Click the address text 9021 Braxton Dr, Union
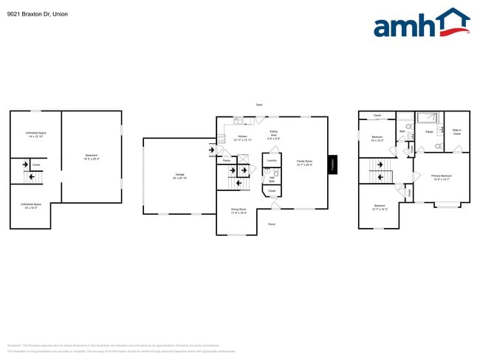(x=38, y=13)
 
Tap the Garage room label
(x=179, y=176)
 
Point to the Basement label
(x=92, y=156)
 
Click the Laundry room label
(x=271, y=160)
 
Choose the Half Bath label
(x=272, y=179)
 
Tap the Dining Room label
(x=239, y=211)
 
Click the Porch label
(x=272, y=224)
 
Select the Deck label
(x=259, y=105)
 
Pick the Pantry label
(x=227, y=160)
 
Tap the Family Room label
(x=304, y=162)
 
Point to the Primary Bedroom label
(x=442, y=176)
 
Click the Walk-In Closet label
(x=456, y=133)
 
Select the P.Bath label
(x=429, y=133)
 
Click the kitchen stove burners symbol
(x=222, y=138)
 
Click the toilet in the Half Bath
(x=276, y=173)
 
